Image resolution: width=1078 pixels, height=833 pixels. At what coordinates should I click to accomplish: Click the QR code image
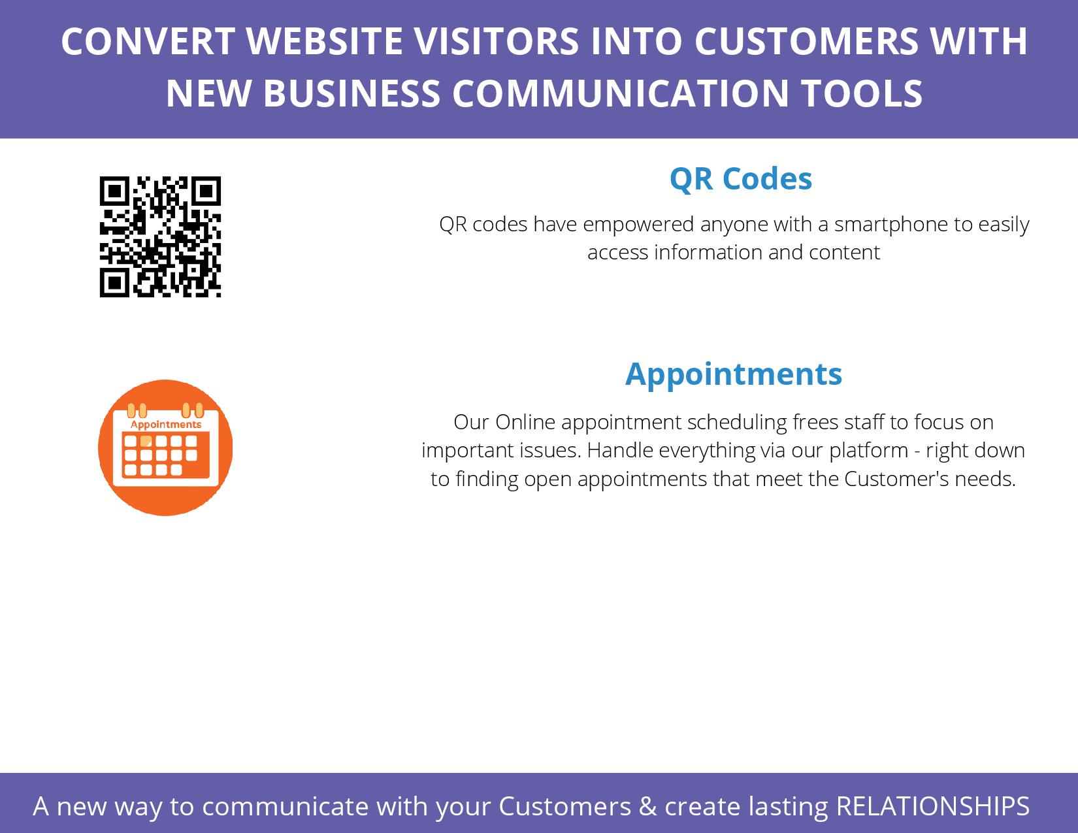coord(160,237)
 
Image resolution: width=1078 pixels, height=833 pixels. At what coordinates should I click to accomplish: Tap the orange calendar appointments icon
coord(165,448)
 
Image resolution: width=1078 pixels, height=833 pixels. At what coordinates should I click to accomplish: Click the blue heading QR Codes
coord(741,179)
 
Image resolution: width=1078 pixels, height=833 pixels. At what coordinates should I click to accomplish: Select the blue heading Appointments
coord(734,375)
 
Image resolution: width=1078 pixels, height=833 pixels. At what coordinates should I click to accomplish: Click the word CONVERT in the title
coord(148,41)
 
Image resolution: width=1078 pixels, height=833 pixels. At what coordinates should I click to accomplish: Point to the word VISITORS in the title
coord(497,41)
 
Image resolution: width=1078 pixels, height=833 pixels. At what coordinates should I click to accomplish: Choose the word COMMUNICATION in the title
coord(620,93)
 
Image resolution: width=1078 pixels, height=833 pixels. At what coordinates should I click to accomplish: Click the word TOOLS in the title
coord(862,93)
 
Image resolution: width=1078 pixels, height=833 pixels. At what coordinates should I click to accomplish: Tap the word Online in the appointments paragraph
coord(525,422)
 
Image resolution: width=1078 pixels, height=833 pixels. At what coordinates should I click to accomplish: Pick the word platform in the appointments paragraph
coord(869,451)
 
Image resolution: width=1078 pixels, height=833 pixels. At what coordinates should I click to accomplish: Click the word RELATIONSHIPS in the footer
coord(933,806)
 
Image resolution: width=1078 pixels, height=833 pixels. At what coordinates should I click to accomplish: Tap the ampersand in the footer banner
coord(647,806)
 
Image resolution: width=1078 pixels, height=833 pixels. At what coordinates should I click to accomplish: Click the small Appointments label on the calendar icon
coord(166,425)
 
